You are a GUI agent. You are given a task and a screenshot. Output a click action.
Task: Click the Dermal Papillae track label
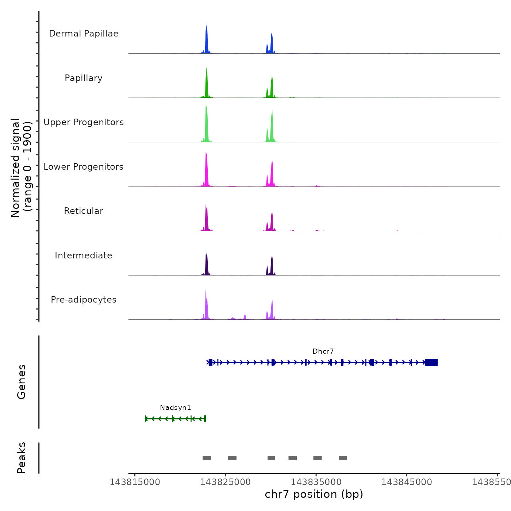tap(84, 34)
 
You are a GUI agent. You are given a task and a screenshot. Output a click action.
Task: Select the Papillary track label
tap(84, 78)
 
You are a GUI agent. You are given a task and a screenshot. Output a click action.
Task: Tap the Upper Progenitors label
tap(84, 122)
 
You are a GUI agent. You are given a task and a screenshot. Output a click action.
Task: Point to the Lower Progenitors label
tap(84, 167)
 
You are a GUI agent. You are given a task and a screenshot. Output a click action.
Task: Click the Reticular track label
tap(84, 211)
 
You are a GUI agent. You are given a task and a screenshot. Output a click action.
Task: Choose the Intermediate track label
tap(84, 255)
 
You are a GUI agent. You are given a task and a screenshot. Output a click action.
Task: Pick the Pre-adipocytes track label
tap(84, 300)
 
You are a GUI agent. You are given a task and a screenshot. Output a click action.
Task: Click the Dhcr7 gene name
tap(323, 351)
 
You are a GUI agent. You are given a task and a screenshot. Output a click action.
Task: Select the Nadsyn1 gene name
tap(175, 408)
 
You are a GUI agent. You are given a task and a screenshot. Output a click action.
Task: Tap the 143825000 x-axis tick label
tap(226, 482)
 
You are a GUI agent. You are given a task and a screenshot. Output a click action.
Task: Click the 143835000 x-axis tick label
tap(316, 482)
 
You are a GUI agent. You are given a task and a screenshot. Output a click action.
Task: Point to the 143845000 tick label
tap(407, 482)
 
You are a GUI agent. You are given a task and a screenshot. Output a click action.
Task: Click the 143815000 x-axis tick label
tap(135, 482)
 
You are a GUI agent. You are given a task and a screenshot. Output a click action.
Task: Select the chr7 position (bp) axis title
tap(314, 494)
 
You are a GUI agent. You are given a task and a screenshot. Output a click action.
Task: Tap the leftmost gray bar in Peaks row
tap(207, 458)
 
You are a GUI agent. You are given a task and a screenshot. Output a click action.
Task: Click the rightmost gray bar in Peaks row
tap(343, 458)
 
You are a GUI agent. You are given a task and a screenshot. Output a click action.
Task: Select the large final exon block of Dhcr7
tap(431, 362)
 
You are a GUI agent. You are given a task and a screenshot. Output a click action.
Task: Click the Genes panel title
tap(22, 382)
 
